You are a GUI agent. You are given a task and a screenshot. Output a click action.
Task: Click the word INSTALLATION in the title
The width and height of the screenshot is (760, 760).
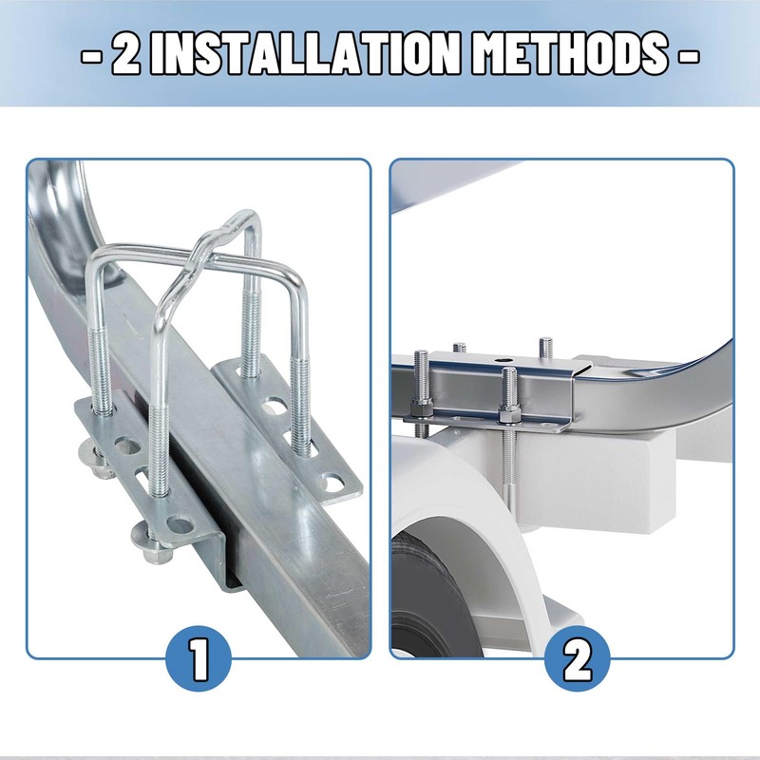pyautogui.click(x=314, y=55)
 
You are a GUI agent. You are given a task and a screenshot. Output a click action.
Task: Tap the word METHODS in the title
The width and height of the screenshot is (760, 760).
pyautogui.click(x=570, y=55)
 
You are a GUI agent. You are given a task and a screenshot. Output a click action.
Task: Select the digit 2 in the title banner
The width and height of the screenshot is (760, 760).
pyautogui.click(x=127, y=55)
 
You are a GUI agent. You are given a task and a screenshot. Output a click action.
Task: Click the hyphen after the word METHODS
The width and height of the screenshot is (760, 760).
pyautogui.click(x=687, y=55)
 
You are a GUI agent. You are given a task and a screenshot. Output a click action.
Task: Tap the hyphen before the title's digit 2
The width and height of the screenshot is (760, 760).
pyautogui.click(x=92, y=55)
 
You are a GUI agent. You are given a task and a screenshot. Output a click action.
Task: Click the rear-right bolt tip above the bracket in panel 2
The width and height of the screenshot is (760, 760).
pyautogui.click(x=545, y=346)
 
